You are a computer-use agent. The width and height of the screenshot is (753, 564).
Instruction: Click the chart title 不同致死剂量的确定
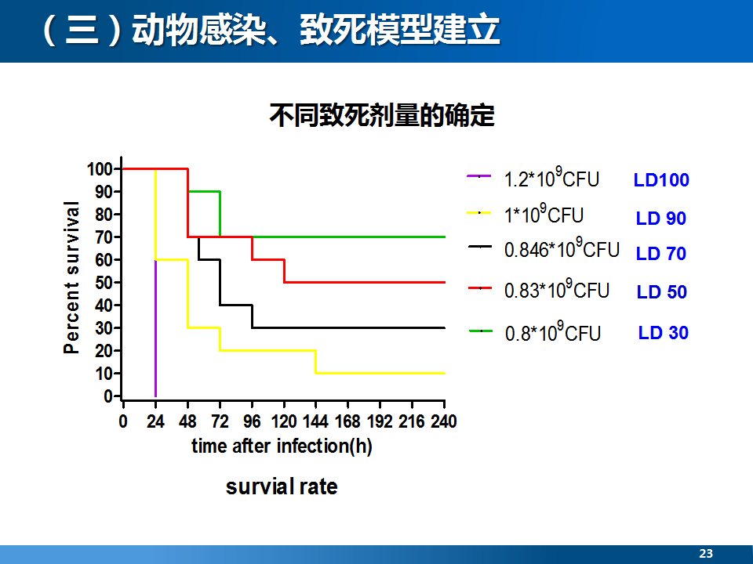pyautogui.click(x=382, y=116)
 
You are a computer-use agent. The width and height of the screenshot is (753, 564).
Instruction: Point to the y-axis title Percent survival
pyautogui.click(x=71, y=277)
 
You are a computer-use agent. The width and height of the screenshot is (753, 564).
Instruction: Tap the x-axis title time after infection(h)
pyautogui.click(x=282, y=446)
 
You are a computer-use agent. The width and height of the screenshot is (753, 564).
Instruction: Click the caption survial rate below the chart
pyautogui.click(x=282, y=486)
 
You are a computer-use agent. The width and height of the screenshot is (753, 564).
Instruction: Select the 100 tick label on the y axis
pyautogui.click(x=100, y=169)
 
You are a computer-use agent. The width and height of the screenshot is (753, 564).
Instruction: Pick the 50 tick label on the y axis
pyautogui.click(x=104, y=283)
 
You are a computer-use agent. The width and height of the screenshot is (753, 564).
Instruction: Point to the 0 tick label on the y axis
pyautogui.click(x=108, y=396)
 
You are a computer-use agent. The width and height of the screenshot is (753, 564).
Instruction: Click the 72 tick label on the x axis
pyautogui.click(x=220, y=421)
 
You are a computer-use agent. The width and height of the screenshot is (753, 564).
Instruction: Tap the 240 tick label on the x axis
pyautogui.click(x=444, y=421)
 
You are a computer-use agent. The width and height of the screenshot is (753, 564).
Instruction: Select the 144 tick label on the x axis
pyautogui.click(x=315, y=421)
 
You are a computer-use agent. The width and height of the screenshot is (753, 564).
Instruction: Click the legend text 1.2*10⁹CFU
pyautogui.click(x=551, y=178)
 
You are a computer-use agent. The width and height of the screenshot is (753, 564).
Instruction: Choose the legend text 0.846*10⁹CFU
pyautogui.click(x=562, y=248)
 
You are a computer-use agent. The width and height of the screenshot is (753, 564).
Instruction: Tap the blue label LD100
pyautogui.click(x=661, y=180)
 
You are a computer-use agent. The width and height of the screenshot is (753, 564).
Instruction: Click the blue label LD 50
pyautogui.click(x=662, y=291)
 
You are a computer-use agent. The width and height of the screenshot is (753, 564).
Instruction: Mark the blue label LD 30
pyautogui.click(x=664, y=332)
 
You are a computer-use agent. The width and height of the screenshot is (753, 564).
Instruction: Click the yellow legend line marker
pyautogui.click(x=479, y=212)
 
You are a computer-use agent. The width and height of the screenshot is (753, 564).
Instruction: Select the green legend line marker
pyautogui.click(x=481, y=331)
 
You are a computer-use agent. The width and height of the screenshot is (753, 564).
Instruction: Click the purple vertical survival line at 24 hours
pyautogui.click(x=155, y=328)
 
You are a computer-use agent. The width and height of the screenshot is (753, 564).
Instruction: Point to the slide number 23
pyautogui.click(x=706, y=554)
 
